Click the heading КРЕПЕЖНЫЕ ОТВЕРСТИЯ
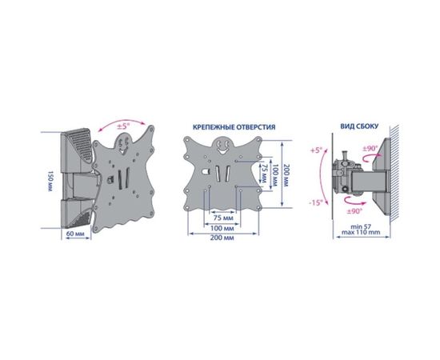coord(234,127)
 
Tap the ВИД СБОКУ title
coord(359,126)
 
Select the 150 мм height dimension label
coord(50,181)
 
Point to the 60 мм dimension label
coord(75,234)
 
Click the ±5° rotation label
coord(123,126)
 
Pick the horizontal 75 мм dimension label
coord(223,218)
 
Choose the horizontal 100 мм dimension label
coord(222,229)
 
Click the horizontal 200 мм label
coord(222,238)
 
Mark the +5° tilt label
coord(316,150)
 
